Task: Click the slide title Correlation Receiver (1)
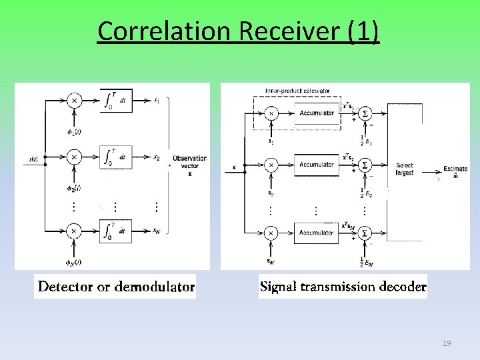click(x=239, y=31)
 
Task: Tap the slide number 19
click(x=447, y=343)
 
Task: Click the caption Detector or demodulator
click(x=116, y=287)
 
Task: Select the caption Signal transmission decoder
click(x=343, y=287)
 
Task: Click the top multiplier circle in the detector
click(x=75, y=101)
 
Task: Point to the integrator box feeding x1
click(x=115, y=101)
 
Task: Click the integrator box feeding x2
click(x=115, y=157)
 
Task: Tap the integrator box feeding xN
click(x=115, y=231)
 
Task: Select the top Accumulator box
click(x=317, y=113)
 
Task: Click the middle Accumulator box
click(x=317, y=165)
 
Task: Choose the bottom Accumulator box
click(x=317, y=233)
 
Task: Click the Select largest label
click(x=404, y=169)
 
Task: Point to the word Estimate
click(x=455, y=169)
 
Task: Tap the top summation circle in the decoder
click(x=364, y=114)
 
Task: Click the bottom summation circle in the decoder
click(x=364, y=233)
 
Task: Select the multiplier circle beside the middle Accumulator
click(x=271, y=165)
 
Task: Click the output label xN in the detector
click(x=156, y=231)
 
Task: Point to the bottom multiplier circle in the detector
click(x=75, y=231)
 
